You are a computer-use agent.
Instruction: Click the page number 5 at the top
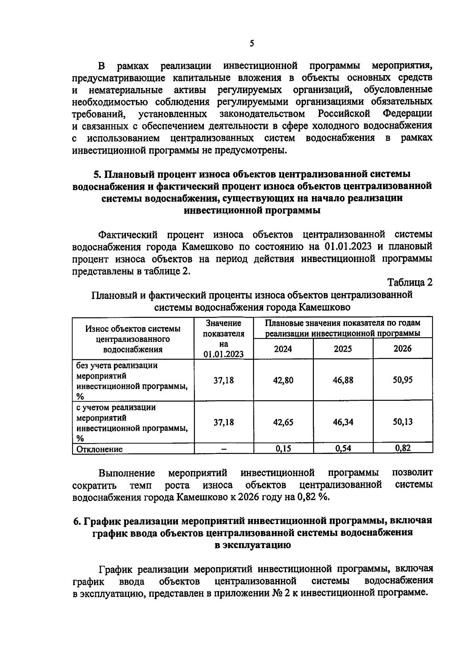click(x=251, y=43)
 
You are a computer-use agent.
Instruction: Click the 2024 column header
click(x=283, y=349)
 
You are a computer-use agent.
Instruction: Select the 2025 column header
click(x=343, y=349)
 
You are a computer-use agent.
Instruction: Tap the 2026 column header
click(x=403, y=348)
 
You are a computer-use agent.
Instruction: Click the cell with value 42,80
click(x=283, y=380)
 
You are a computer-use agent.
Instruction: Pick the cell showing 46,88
click(x=343, y=380)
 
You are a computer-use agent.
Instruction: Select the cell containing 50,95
click(x=403, y=380)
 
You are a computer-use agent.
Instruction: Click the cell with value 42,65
click(x=283, y=422)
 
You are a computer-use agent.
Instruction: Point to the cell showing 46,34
click(x=343, y=422)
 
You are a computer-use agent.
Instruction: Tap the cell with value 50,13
click(x=403, y=422)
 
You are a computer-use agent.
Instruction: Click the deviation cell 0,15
click(x=283, y=449)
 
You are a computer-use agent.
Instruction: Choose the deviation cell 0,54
click(x=343, y=449)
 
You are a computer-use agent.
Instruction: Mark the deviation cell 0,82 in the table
click(x=403, y=449)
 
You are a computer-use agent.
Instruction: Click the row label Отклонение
click(x=100, y=449)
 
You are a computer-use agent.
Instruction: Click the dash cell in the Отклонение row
click(x=224, y=449)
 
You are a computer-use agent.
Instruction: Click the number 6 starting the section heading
click(x=76, y=521)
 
